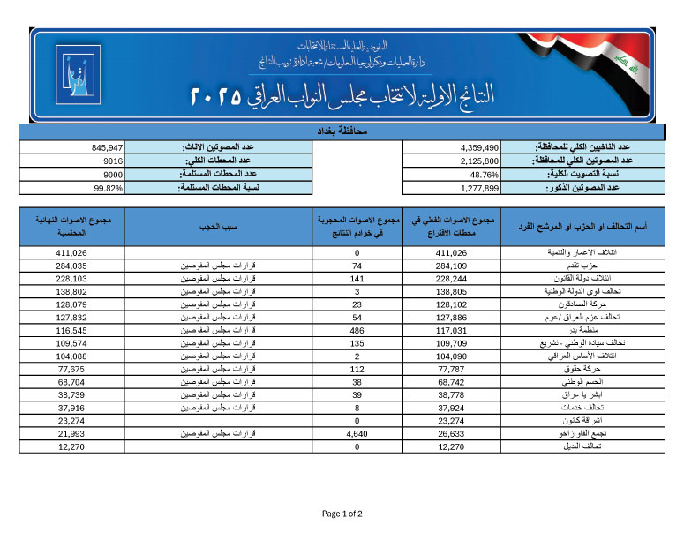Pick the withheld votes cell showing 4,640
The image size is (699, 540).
click(x=357, y=434)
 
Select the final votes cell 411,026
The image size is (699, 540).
click(x=70, y=252)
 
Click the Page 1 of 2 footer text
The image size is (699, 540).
click(x=342, y=514)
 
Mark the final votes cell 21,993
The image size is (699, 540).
click(x=70, y=434)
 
